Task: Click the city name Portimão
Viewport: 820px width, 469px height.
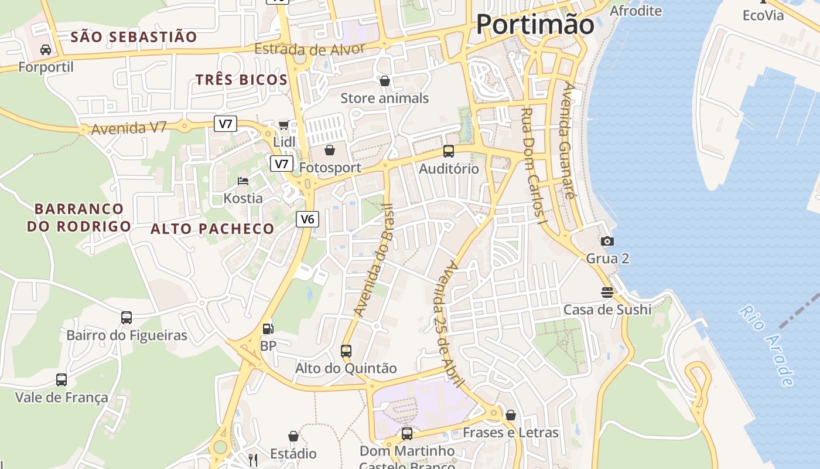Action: coord(535,25)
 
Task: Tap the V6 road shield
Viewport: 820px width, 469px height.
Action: coord(307,219)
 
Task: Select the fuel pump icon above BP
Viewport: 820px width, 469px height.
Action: coord(268,329)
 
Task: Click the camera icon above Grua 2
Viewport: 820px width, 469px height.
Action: coord(607,241)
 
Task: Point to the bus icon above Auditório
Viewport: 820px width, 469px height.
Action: coord(449,151)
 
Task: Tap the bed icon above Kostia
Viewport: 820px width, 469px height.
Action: coord(243,181)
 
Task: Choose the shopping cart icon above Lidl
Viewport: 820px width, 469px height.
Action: coord(284,124)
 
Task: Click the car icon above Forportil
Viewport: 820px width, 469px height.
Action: coord(46,50)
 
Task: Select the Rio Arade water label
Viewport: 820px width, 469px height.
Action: coord(767,345)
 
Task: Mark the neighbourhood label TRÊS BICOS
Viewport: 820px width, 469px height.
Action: coord(241,80)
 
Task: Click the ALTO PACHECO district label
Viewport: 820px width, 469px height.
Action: coord(212,229)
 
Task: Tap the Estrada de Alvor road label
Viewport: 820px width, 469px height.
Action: coord(310,49)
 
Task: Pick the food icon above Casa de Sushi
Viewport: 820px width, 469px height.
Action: coord(607,292)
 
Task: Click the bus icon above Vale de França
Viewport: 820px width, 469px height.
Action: coord(61,380)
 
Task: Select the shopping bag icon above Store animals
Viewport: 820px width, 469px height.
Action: coord(385,81)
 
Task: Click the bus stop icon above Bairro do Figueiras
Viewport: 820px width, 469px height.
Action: coord(127,318)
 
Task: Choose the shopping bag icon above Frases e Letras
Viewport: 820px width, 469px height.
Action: coord(511,415)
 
